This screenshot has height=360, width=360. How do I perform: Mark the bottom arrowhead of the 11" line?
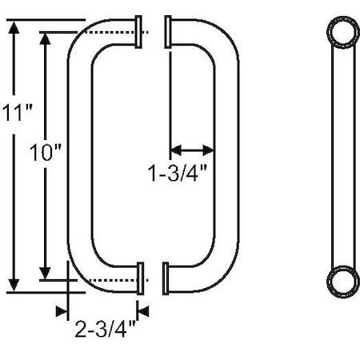pos(14,284)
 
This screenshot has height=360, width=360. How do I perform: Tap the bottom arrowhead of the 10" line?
pos(46,270)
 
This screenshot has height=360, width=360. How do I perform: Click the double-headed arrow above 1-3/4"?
pos(192,150)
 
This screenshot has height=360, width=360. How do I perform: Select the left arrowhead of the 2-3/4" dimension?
pos(61,310)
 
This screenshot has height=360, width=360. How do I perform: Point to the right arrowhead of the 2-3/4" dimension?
pos(142,310)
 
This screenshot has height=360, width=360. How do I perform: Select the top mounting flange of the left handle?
pos(141,31)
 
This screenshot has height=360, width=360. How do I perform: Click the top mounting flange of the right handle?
pos(168,31)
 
